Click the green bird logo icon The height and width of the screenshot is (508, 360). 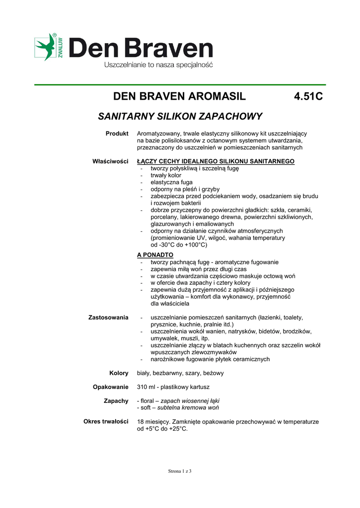pos(45,48)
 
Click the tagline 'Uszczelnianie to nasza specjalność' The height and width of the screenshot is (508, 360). pos(158,65)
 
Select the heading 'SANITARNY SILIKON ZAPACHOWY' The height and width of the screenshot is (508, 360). pos(180,117)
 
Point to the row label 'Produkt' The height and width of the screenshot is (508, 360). pos(117,133)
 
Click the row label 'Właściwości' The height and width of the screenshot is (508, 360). pos(110,161)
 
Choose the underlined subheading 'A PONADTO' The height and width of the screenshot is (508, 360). pos(155,254)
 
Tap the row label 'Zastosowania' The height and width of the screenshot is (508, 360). pos(108,317)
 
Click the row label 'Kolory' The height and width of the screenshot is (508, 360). pos(119,373)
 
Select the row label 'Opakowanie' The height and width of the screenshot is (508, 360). pos(111,386)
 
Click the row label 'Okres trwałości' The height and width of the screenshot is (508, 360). pos(106,421)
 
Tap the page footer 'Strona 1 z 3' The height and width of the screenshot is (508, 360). pos(180,471)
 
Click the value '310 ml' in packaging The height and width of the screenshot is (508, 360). pos(147,386)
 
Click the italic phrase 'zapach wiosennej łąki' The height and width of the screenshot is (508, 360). pos(190,400)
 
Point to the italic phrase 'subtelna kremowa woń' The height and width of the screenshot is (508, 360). pos(188,407)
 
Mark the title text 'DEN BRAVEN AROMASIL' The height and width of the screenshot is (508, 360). pos(179,96)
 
